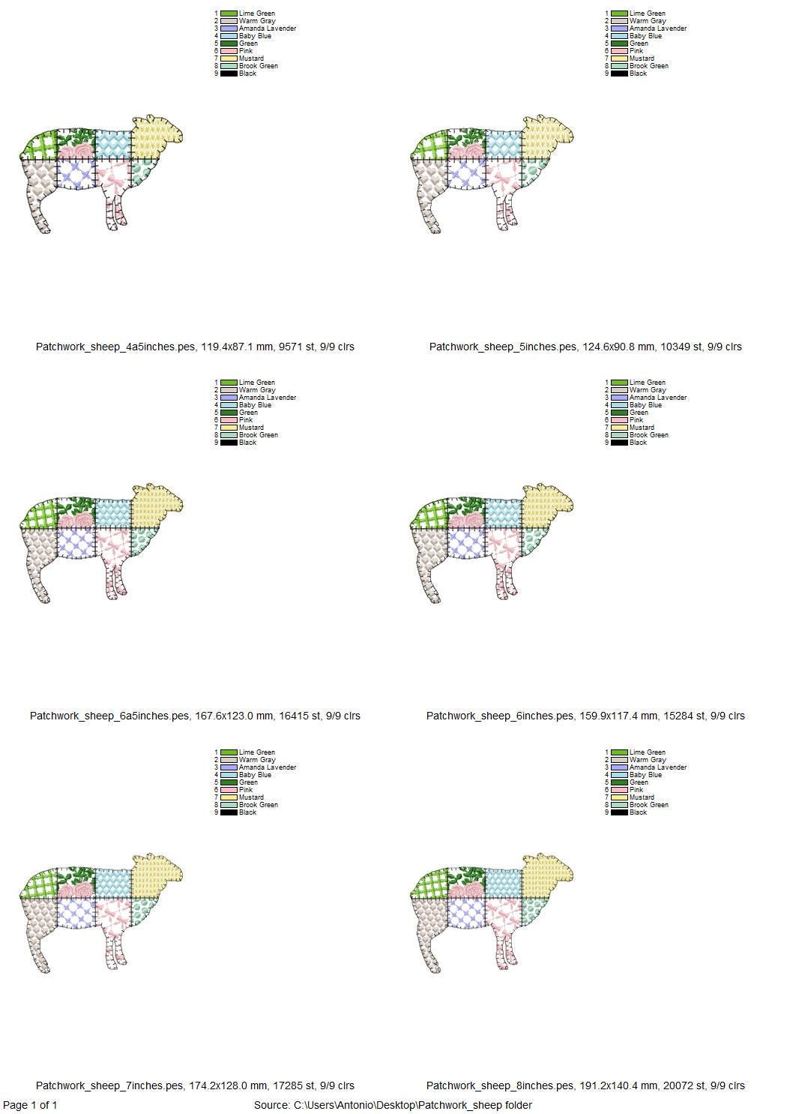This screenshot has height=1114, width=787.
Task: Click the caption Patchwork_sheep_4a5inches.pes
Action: (195, 347)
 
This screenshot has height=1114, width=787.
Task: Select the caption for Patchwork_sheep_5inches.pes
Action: (585, 347)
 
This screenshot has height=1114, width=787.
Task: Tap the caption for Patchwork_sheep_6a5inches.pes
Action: (195, 716)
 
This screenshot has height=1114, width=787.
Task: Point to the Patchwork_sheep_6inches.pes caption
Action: (585, 716)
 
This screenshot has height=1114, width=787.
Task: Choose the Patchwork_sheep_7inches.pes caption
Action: (195, 1085)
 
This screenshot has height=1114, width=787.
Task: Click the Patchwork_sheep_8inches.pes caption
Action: (585, 1085)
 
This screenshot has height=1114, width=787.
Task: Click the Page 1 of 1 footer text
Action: (30, 1105)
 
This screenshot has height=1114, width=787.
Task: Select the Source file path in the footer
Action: (393, 1105)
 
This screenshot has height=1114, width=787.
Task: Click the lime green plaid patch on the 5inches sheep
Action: (429, 146)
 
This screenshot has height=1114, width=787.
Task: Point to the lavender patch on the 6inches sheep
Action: (466, 542)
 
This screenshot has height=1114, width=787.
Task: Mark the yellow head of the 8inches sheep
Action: (546, 878)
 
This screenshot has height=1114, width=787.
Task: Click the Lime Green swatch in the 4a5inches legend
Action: (229, 14)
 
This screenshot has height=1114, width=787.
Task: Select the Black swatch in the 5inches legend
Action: (619, 74)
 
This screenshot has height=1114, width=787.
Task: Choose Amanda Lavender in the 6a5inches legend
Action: (268, 398)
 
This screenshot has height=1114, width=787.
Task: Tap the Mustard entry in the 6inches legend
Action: (642, 428)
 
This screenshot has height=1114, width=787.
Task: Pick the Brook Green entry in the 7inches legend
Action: (259, 805)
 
